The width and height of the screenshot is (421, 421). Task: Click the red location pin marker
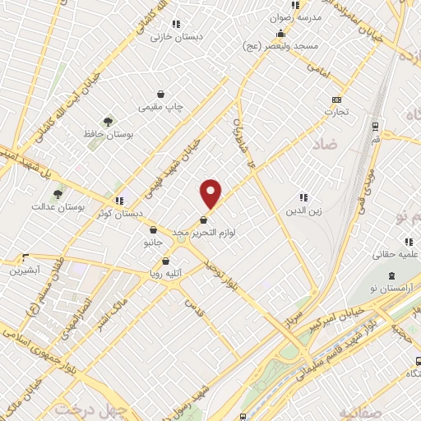click(x=211, y=193)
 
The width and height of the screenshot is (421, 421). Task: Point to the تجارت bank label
click(x=335, y=110)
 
